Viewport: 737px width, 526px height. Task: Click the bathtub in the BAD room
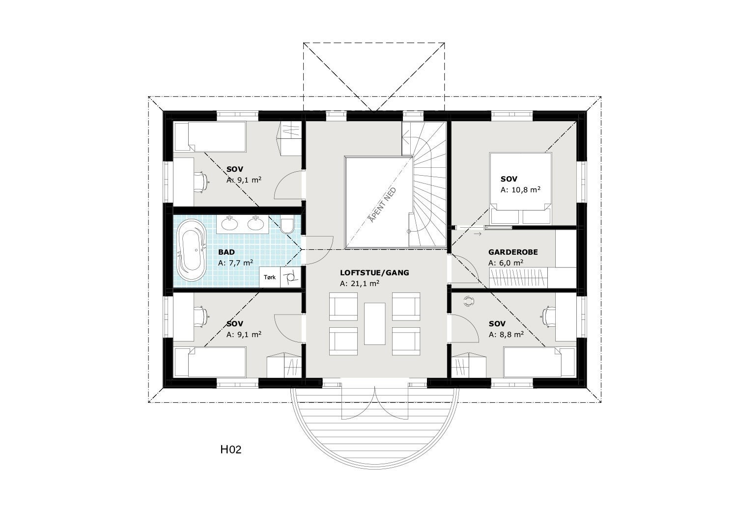pyautogui.click(x=191, y=251)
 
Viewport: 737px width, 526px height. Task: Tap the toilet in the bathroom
pyautogui.click(x=287, y=225)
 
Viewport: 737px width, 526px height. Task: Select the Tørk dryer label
pyautogui.click(x=270, y=277)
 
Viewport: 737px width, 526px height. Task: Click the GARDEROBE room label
pyautogui.click(x=513, y=252)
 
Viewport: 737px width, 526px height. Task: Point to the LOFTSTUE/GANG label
pyautogui.click(x=374, y=273)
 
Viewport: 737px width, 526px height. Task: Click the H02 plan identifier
pyautogui.click(x=230, y=449)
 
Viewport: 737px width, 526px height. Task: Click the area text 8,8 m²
pyautogui.click(x=506, y=335)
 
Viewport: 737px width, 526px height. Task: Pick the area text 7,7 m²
pyautogui.click(x=235, y=263)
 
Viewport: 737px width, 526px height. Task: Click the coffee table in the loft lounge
pyautogui.click(x=374, y=323)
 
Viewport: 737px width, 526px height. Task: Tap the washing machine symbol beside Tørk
pyautogui.click(x=290, y=277)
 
